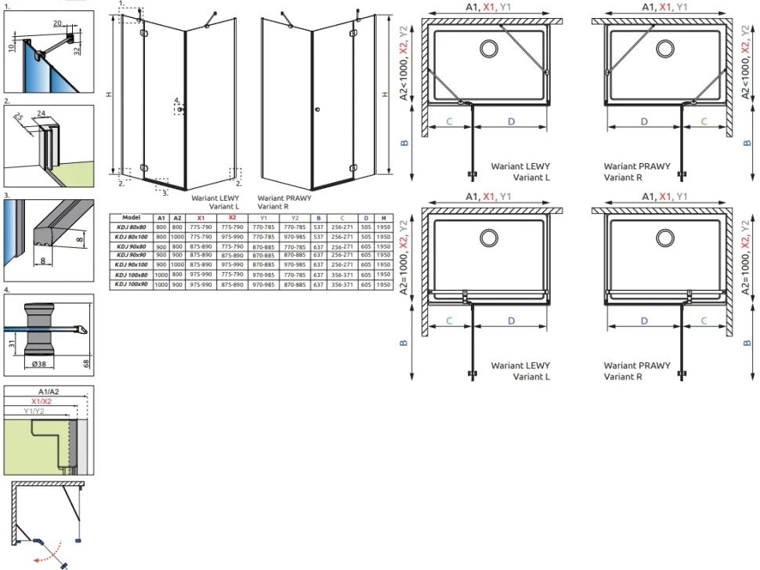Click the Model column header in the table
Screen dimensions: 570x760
132,217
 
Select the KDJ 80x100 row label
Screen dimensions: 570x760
132,235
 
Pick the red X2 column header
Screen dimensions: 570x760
232,217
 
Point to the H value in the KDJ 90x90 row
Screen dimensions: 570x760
383,255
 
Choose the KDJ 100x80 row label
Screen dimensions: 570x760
132,274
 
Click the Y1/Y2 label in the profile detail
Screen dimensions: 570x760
34,411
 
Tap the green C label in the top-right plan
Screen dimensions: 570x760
704,121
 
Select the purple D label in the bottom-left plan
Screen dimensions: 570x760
511,320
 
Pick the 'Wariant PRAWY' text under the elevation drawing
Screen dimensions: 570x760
284,198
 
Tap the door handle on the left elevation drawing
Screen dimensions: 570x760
180,110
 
